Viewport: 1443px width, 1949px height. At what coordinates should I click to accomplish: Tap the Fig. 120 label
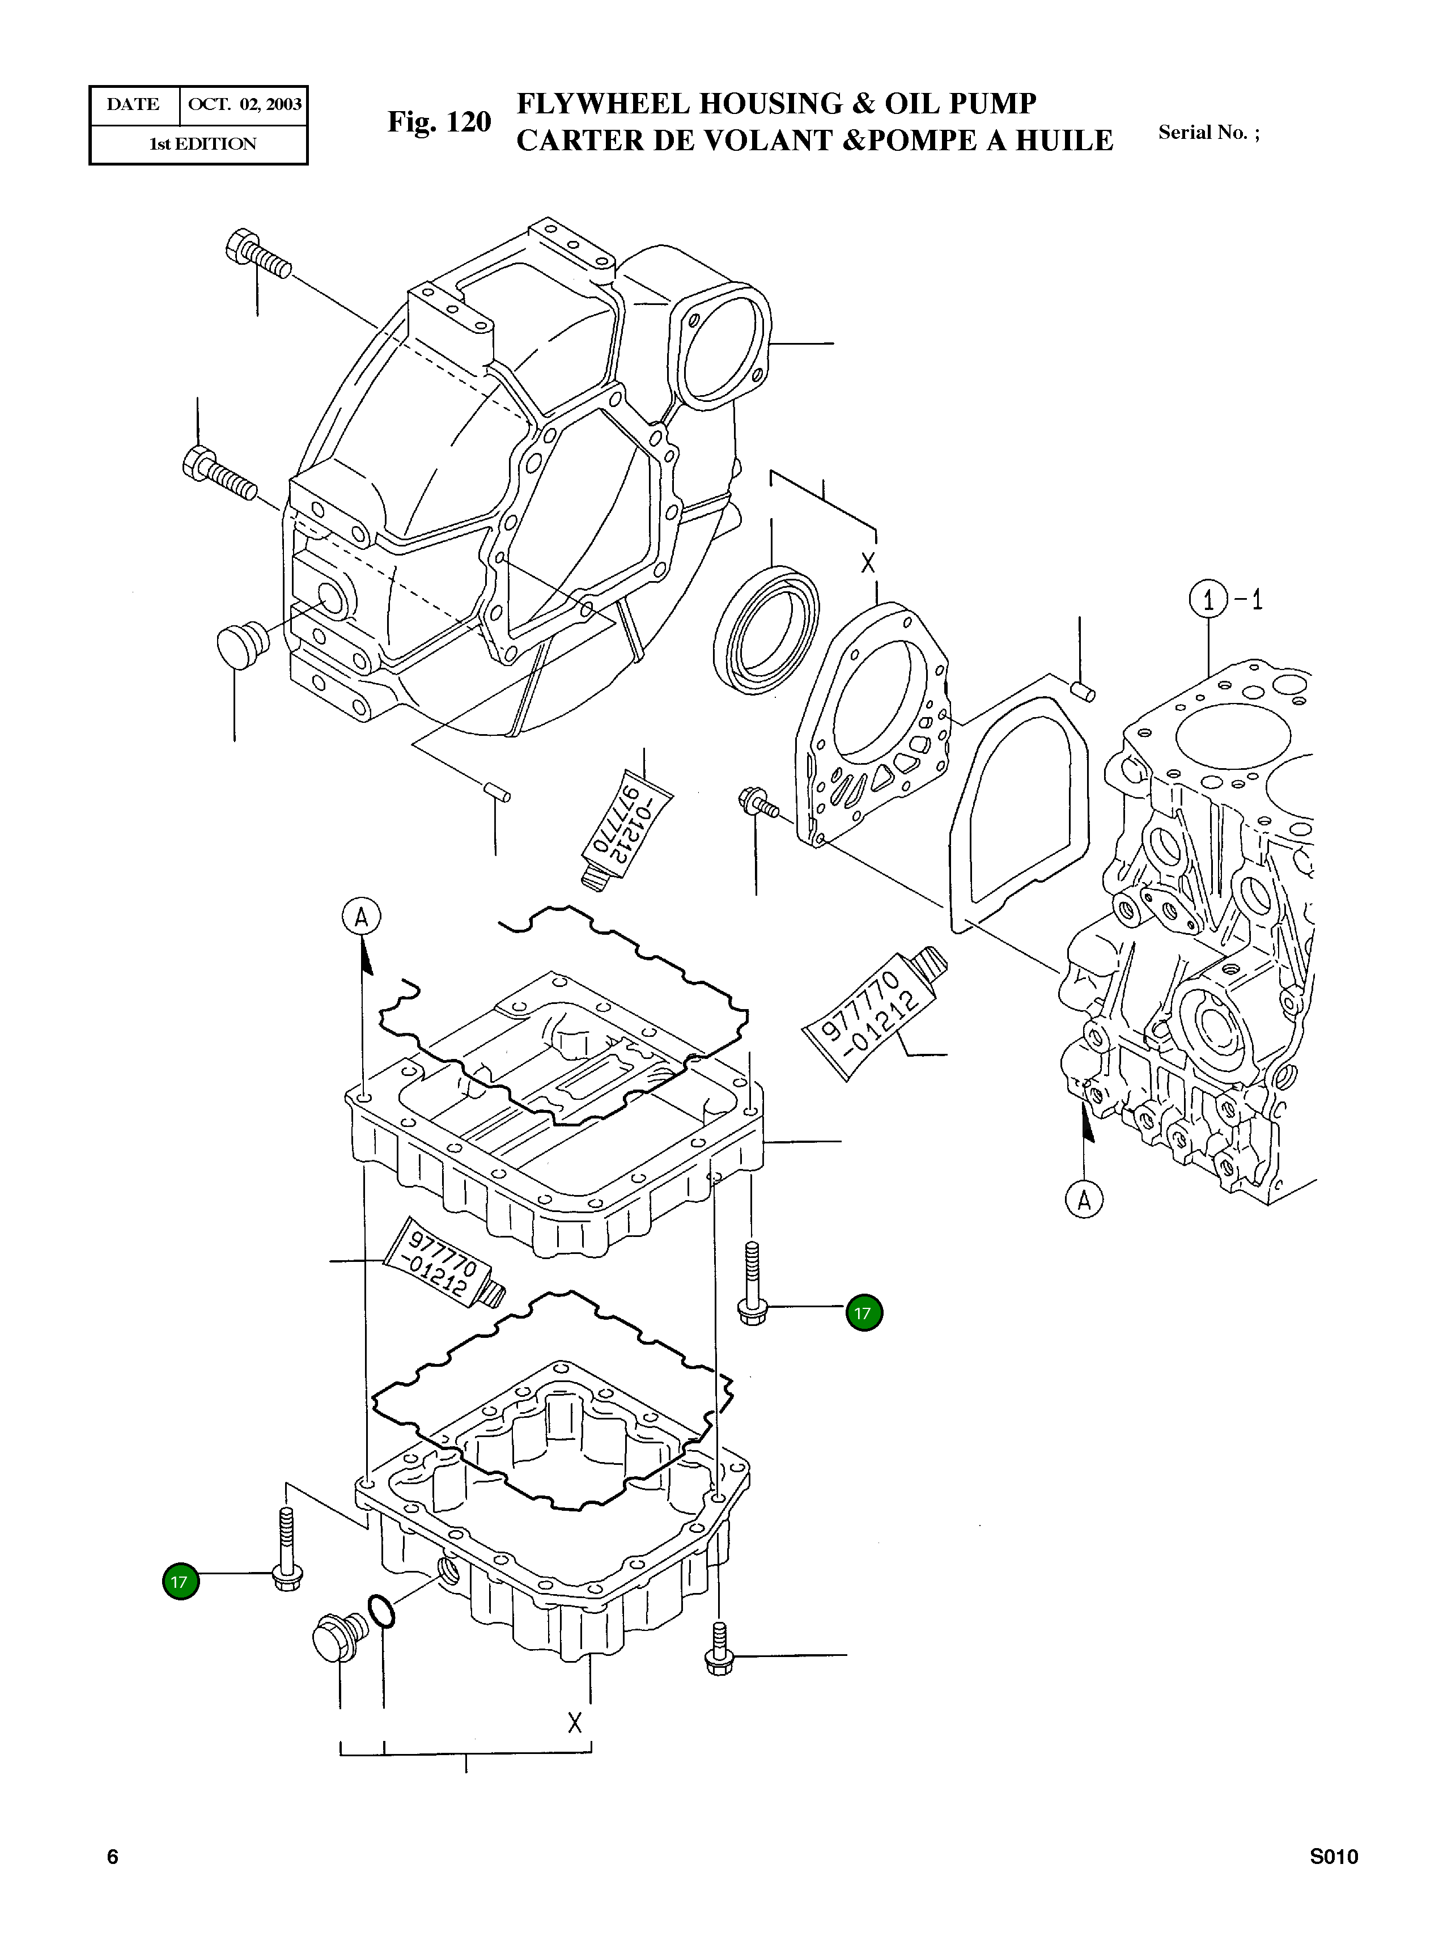click(x=439, y=122)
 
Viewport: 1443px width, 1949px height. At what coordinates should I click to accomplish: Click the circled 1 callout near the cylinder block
click(x=1208, y=600)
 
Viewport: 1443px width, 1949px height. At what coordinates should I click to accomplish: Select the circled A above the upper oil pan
click(x=360, y=917)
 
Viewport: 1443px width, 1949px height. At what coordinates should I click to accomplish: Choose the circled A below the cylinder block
click(x=1084, y=1200)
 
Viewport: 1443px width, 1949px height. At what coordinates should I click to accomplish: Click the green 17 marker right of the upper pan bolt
click(x=864, y=1313)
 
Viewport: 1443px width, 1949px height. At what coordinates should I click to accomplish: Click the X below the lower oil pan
click(x=574, y=1723)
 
